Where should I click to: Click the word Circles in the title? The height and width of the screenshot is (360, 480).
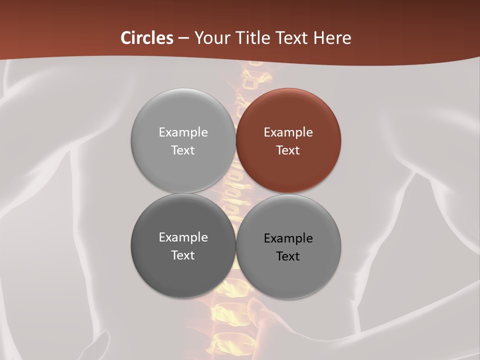(147, 38)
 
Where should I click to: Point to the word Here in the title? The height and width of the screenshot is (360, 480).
(332, 38)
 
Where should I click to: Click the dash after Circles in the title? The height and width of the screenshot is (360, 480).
(183, 38)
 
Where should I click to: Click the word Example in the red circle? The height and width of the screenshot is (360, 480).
(288, 132)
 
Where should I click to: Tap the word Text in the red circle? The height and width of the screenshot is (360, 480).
(288, 150)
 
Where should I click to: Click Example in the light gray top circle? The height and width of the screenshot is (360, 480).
(183, 132)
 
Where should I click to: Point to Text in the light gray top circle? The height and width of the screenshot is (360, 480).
(183, 150)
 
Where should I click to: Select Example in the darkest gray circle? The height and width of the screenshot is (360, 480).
(183, 237)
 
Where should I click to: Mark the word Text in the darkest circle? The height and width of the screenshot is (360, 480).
(183, 255)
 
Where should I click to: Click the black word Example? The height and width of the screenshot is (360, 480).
(288, 238)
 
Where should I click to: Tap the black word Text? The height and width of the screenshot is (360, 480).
(288, 256)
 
